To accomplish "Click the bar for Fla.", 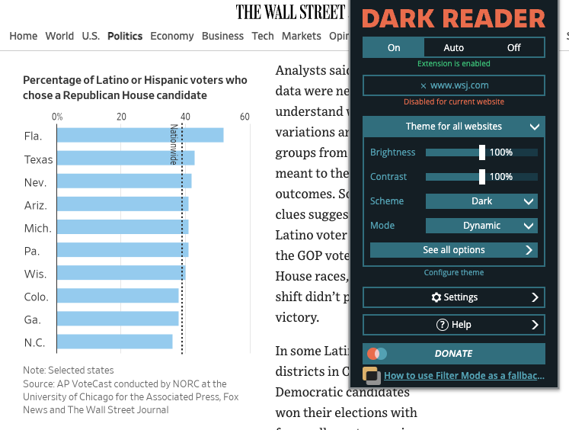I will coord(140,136).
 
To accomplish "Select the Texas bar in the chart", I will coord(126,159).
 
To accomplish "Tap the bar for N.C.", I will coord(114,342).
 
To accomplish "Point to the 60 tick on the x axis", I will coord(245,117).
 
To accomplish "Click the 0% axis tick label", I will coord(57,117).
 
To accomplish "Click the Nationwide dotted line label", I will coord(174,144).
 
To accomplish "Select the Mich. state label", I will coord(37,228).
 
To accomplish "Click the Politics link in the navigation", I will coord(125,36).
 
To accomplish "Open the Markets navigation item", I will coord(301,36).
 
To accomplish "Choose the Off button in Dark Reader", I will coord(514,47).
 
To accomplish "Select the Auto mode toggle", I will coord(453,47).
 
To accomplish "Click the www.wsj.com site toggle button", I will coord(454,85).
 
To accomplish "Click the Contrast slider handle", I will coord(482,177).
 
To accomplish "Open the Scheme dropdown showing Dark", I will coord(481,201).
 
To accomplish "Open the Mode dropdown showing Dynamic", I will coord(481,226).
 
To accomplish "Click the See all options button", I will coord(454,250).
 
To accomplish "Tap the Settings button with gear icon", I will coord(454,297).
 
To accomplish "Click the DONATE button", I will coord(454,354).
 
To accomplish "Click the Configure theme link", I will coord(454,272).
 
